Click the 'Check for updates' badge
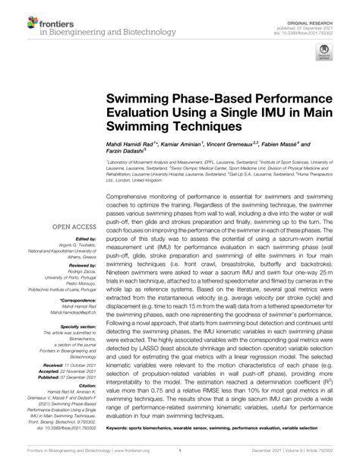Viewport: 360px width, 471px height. click(324, 55)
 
